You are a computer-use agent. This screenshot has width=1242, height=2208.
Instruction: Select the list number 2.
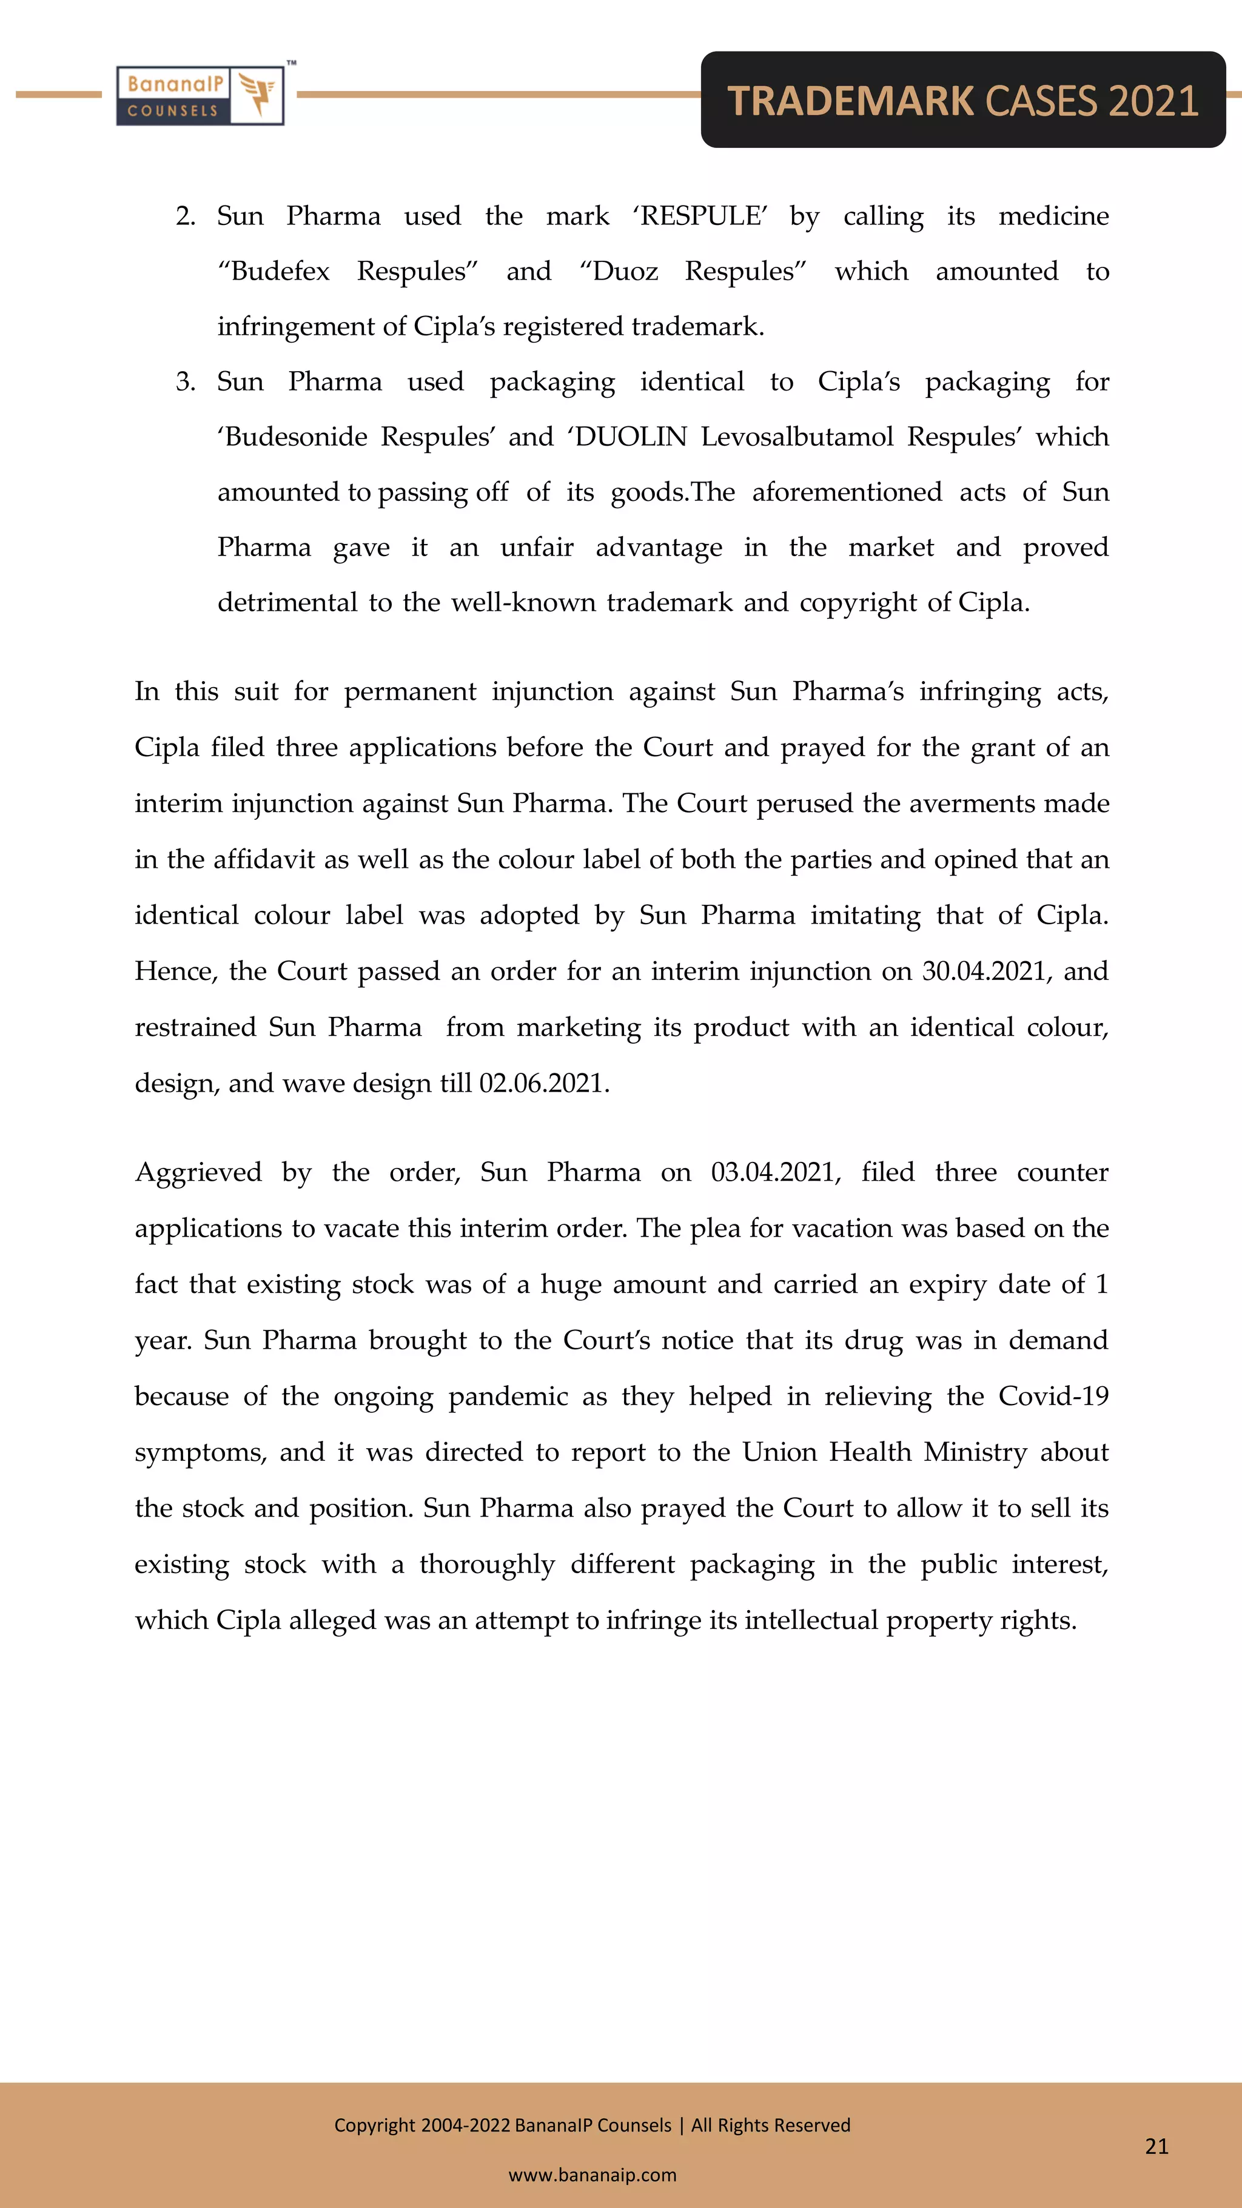pyautogui.click(x=185, y=216)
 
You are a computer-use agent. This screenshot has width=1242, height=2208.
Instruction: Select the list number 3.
pyautogui.click(x=185, y=381)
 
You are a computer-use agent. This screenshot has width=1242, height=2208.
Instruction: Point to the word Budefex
pyautogui.click(x=280, y=272)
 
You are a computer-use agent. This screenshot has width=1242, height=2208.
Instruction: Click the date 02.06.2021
pyautogui.click(x=543, y=1084)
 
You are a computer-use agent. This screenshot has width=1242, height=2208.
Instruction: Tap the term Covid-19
pyautogui.click(x=1053, y=1396)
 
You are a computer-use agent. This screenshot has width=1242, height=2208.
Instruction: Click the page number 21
pyautogui.click(x=1156, y=2146)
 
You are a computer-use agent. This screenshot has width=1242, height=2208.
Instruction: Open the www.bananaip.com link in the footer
pyautogui.click(x=592, y=2175)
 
